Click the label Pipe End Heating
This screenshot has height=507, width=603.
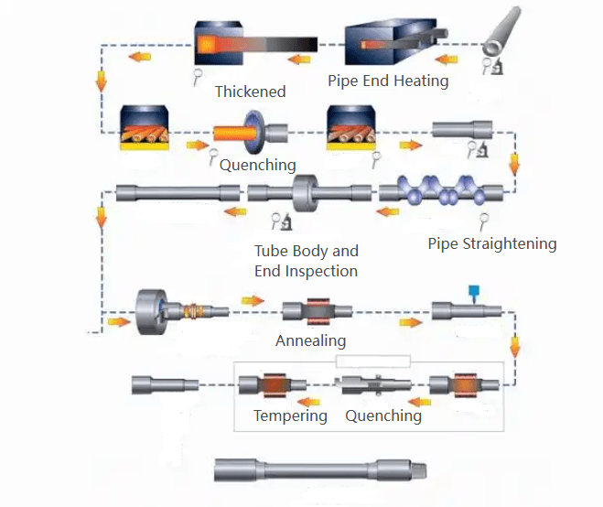[x=388, y=81]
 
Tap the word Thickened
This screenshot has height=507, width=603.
[x=250, y=92]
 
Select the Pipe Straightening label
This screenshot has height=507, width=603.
[x=492, y=243]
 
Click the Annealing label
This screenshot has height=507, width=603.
[x=311, y=340]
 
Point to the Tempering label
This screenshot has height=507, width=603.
[x=290, y=415]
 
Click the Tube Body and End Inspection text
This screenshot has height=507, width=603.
[x=306, y=261]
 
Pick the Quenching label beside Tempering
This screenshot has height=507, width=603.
[x=383, y=415]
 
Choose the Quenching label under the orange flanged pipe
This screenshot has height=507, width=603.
[x=257, y=165]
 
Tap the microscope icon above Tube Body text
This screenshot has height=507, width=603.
[x=282, y=221]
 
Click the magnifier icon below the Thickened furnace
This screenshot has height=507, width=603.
[x=198, y=77]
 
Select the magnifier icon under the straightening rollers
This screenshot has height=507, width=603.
[x=485, y=219]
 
